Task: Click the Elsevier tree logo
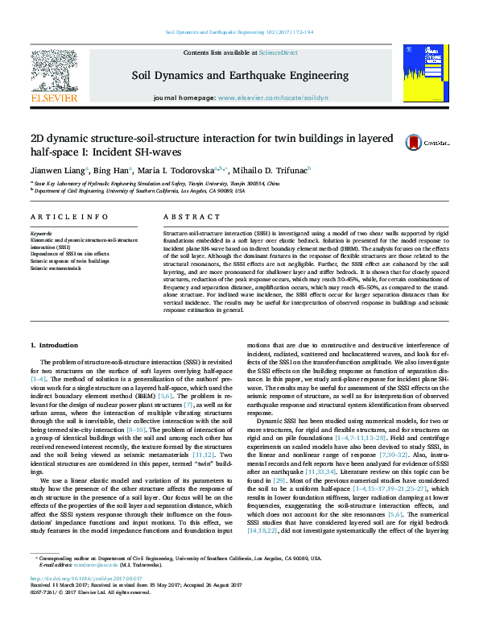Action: pos(53,72)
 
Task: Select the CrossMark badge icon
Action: pos(436,142)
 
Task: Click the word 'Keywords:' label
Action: pos(42,233)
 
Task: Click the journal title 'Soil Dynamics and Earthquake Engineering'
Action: pos(238,75)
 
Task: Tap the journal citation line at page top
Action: pos(239,32)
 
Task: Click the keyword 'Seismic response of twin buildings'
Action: pos(72,261)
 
